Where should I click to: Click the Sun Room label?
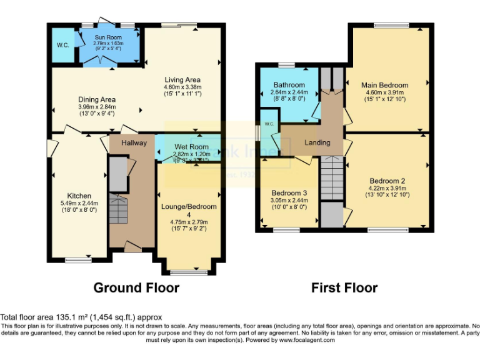108,37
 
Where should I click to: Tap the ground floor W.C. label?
63,45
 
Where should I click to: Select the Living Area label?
182,80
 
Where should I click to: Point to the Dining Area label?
96,99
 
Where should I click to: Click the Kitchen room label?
80,196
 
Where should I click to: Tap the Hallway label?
134,143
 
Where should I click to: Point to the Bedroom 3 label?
289,192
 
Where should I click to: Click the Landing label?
317,143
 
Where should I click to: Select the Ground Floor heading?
136,288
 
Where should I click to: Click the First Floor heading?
344,288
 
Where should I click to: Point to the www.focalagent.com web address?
306,341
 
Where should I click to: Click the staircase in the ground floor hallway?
117,209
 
